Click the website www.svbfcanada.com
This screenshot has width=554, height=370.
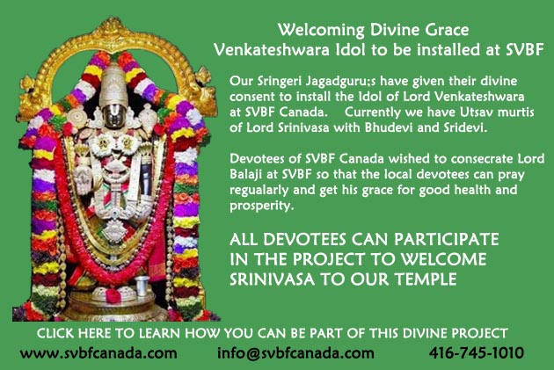(x=98, y=352)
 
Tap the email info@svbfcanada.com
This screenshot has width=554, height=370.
(x=295, y=353)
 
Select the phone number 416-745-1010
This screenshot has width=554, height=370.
(x=477, y=352)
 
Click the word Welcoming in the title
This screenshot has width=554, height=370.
(x=321, y=31)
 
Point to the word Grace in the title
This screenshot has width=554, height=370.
(x=447, y=30)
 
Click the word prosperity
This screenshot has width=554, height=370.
(x=261, y=207)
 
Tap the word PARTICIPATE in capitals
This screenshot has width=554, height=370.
(x=446, y=239)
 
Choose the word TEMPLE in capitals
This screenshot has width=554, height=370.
(x=426, y=279)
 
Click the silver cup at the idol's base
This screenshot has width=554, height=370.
(x=142, y=286)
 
